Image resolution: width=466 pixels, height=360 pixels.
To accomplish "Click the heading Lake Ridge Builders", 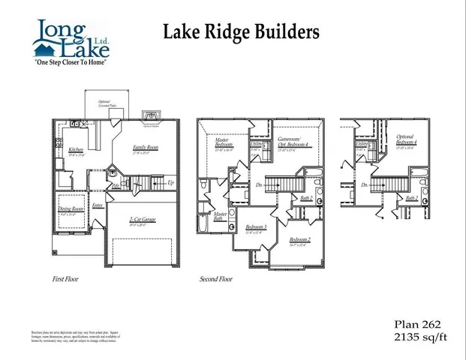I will (241, 31).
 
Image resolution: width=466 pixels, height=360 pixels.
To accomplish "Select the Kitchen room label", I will (76, 151).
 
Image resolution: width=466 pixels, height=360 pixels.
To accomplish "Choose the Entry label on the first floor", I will (98, 205).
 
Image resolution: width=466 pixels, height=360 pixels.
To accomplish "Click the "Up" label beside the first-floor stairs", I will (171, 183).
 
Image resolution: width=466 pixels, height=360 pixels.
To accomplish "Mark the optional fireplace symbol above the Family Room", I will (149, 117).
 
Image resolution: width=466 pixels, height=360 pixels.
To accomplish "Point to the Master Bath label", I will (221, 217).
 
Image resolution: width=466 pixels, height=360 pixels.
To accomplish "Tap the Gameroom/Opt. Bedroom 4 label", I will (293, 142).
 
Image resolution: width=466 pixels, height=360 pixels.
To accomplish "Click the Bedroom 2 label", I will (299, 241).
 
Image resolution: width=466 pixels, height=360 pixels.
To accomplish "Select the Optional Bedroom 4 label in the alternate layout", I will (407, 142).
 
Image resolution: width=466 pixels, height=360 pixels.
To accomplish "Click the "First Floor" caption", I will (65, 279).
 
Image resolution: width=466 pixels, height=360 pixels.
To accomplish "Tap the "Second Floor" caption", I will (215, 279).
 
